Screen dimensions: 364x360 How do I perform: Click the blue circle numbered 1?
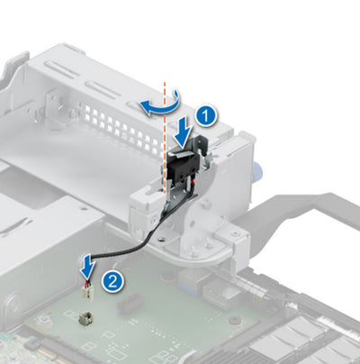point(205,115)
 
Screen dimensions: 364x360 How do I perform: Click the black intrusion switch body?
point(184,168)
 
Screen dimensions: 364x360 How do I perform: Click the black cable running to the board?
point(125,241)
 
